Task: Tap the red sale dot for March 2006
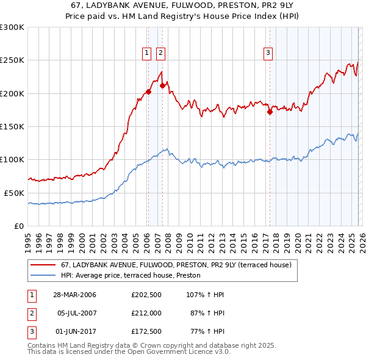pyautogui.click(x=148, y=92)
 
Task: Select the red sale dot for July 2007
pyautogui.click(x=162, y=86)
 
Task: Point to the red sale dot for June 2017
pyautogui.click(x=269, y=112)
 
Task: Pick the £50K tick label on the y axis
pyautogui.click(x=13, y=193)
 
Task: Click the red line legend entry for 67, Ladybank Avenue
pyautogui.click(x=176, y=265)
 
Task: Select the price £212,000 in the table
pyautogui.click(x=146, y=312)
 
